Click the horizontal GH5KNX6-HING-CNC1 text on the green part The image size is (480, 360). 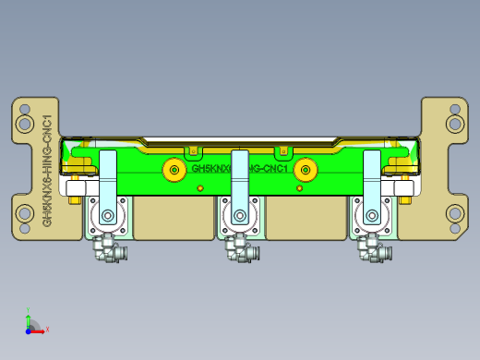(240, 170)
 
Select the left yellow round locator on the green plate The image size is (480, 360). (173, 170)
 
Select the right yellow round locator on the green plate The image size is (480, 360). (306, 170)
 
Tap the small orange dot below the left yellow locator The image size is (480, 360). (199, 188)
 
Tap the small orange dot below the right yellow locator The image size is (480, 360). (299, 188)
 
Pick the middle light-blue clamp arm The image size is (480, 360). (240, 180)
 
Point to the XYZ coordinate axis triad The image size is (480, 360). (30, 324)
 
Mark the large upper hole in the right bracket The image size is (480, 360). (453, 123)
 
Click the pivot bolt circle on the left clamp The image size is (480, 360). (109, 218)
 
